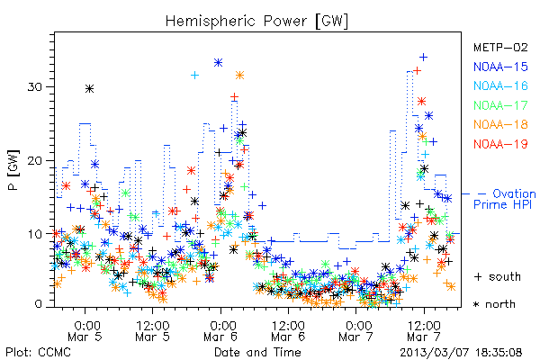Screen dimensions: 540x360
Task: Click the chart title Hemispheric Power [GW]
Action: (x=256, y=22)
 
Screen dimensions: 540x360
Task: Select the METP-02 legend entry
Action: (x=500, y=47)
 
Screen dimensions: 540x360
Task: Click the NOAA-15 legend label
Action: (x=500, y=67)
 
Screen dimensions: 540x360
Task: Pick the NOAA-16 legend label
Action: (x=500, y=85)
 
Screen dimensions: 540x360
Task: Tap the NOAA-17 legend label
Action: (x=500, y=105)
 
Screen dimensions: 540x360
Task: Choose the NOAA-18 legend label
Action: (x=500, y=124)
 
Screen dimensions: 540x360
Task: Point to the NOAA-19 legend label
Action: (x=500, y=144)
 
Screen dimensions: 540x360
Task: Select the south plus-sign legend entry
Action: (x=498, y=276)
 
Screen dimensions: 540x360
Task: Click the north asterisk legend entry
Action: (x=494, y=304)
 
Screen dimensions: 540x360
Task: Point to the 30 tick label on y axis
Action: (x=34, y=86)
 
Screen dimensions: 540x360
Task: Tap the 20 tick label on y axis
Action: (x=34, y=160)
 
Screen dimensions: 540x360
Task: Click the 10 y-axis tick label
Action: (x=34, y=234)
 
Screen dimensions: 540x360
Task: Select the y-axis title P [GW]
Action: (x=13, y=170)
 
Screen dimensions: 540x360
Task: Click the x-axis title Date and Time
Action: (x=257, y=352)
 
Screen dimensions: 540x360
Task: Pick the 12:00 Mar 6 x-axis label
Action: (x=288, y=330)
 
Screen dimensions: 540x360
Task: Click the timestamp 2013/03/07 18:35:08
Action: (x=461, y=353)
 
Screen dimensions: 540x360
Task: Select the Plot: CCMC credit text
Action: (x=38, y=352)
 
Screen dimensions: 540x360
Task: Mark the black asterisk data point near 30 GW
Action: (x=89, y=89)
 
